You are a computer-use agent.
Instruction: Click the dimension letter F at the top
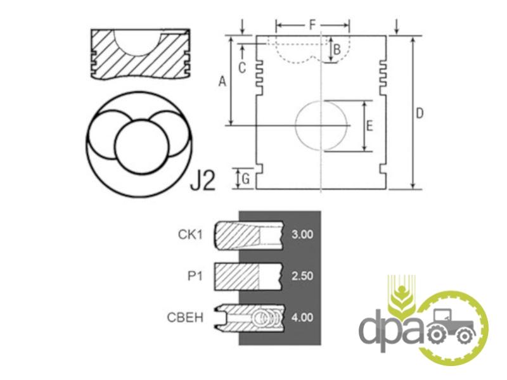tap(312, 25)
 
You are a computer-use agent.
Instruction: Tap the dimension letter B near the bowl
tap(337, 50)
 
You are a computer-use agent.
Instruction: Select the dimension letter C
tap(242, 68)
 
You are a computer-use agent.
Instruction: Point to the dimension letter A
tap(222, 81)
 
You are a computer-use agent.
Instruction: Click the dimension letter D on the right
tap(420, 113)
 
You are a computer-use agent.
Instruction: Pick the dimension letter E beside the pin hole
tap(369, 125)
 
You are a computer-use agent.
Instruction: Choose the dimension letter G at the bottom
tap(246, 179)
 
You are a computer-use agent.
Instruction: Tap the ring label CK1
tap(190, 234)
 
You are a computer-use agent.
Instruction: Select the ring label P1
tap(195, 276)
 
